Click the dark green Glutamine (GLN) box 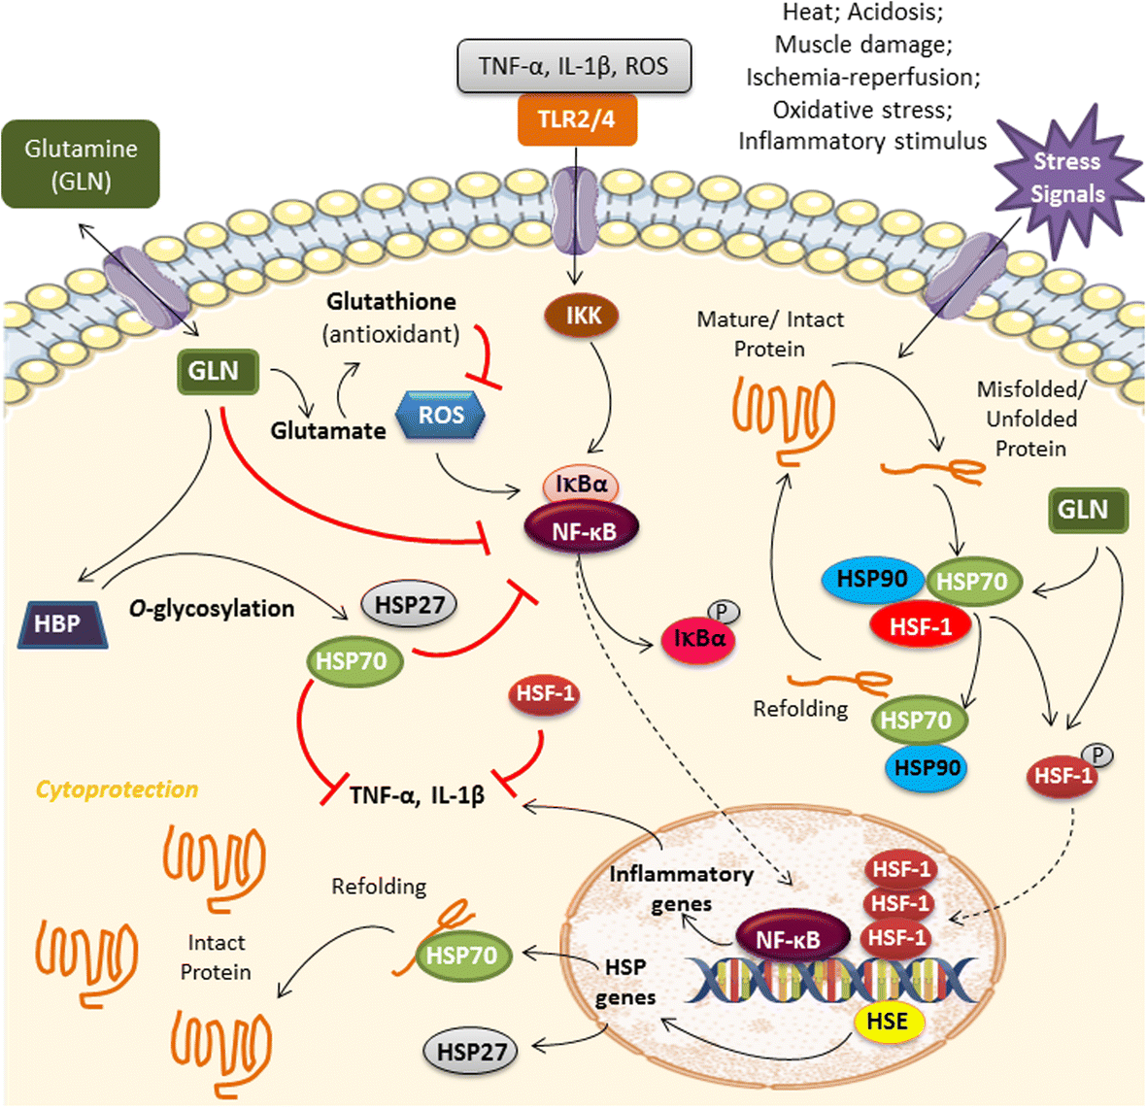81,164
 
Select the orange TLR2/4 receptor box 577,120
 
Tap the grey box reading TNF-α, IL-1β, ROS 574,66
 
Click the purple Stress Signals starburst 1066,179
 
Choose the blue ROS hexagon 442,416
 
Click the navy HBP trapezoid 61,623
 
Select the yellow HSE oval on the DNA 887,1022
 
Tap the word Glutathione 391,302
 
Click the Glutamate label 328,430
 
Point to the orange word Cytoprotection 117,789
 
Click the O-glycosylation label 212,609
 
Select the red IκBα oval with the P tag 697,639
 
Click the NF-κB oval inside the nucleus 788,939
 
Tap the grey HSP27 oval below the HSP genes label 470,1051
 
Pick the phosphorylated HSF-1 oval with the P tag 1063,776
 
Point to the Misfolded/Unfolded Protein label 1030,419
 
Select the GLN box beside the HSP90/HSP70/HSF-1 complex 1088,511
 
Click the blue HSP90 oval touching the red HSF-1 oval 872,579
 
